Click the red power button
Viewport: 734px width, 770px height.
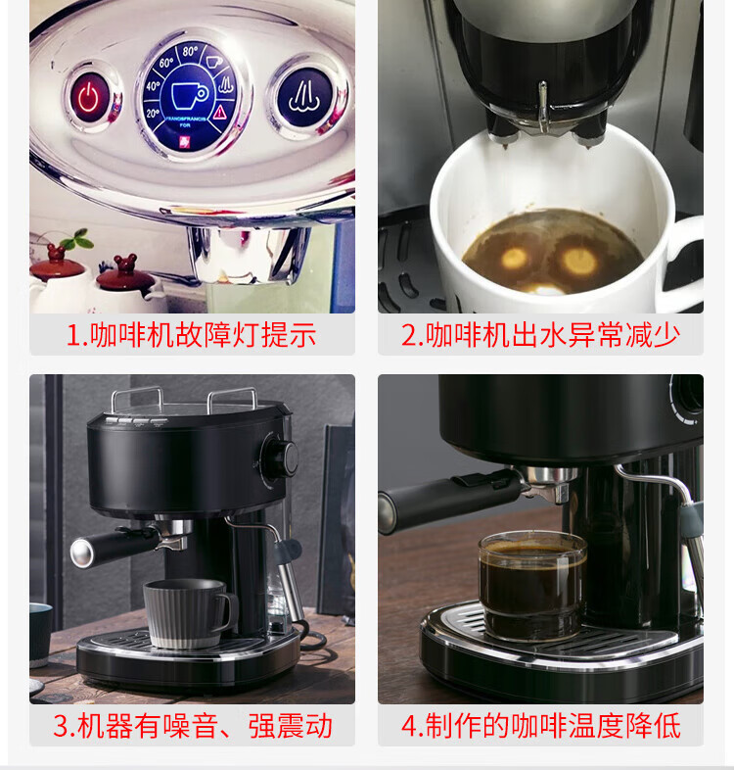pos(89,97)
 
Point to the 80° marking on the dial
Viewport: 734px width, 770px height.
pos(190,52)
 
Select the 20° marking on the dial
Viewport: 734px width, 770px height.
pos(153,114)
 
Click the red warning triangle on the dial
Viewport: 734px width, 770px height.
pos(219,112)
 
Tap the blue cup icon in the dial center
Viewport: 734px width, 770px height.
pos(189,95)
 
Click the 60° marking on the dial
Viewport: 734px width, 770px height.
pos(166,63)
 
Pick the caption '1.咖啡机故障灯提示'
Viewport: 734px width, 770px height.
pos(192,335)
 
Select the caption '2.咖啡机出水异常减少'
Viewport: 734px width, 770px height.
pos(540,335)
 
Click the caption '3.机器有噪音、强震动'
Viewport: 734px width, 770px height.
pos(193,726)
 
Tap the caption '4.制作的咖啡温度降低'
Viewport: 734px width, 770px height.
pos(540,726)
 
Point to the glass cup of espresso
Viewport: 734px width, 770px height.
pos(532,586)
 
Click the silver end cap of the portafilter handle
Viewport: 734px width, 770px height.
pos(81,553)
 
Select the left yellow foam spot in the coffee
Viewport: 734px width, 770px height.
pos(514,258)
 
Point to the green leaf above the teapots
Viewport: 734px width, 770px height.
pos(78,239)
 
